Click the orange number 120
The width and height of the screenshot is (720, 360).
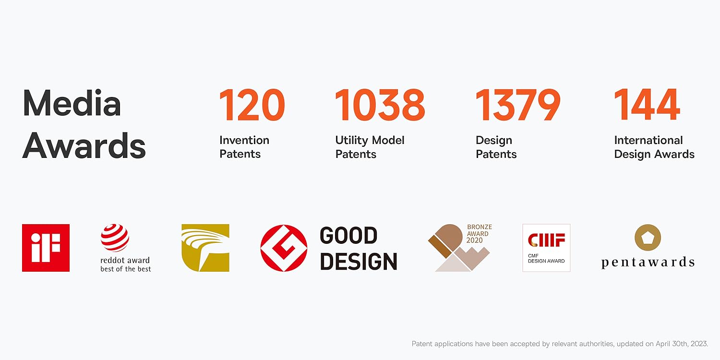click(x=252, y=105)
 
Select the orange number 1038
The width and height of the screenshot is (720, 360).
click(x=380, y=105)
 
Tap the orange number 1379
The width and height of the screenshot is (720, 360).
click(x=518, y=105)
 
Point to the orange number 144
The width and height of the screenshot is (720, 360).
click(x=647, y=105)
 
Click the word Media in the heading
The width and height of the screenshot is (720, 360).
click(x=72, y=103)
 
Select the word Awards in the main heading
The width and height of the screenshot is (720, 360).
click(x=84, y=145)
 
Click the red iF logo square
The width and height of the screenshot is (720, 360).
click(x=46, y=248)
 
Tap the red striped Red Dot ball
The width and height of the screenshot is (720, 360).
click(x=115, y=238)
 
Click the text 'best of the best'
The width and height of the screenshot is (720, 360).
click(x=125, y=269)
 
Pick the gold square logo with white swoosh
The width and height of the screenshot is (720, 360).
click(x=205, y=248)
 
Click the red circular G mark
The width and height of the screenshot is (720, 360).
click(x=284, y=248)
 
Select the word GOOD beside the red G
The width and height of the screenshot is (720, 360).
click(x=348, y=235)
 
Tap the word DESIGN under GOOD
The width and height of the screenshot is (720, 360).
click(x=359, y=261)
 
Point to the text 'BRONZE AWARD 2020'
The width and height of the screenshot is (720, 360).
click(x=479, y=234)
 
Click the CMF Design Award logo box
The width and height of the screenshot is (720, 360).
click(x=546, y=248)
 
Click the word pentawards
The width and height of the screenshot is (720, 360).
click(x=648, y=262)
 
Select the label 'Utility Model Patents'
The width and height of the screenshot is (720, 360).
click(x=370, y=147)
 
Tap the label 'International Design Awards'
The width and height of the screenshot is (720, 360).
click(x=654, y=147)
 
